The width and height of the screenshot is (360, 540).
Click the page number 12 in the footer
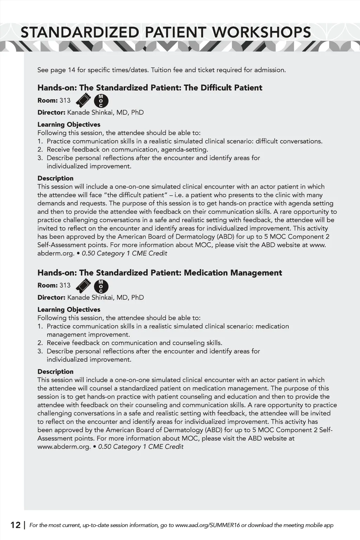15,525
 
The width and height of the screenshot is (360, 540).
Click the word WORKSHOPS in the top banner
262,32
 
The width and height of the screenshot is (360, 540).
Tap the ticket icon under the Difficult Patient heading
83,101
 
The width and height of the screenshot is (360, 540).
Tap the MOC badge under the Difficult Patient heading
101,101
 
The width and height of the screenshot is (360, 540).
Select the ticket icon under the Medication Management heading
83,286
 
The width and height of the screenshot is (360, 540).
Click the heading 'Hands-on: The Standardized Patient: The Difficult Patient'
150,88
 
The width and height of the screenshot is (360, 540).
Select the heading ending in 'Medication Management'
160,273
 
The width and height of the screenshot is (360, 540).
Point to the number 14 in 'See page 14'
71,70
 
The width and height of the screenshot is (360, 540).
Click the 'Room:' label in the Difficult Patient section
47,101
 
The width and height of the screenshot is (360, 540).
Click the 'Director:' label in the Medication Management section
51,297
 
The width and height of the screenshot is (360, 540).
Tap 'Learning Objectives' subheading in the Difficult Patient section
69,124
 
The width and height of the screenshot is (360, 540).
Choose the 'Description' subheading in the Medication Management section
56,372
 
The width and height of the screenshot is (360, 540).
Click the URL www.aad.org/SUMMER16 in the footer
207,525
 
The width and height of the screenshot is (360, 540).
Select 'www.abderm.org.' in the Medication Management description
64,447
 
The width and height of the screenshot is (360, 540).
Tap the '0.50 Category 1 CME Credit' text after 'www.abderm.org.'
141,447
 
